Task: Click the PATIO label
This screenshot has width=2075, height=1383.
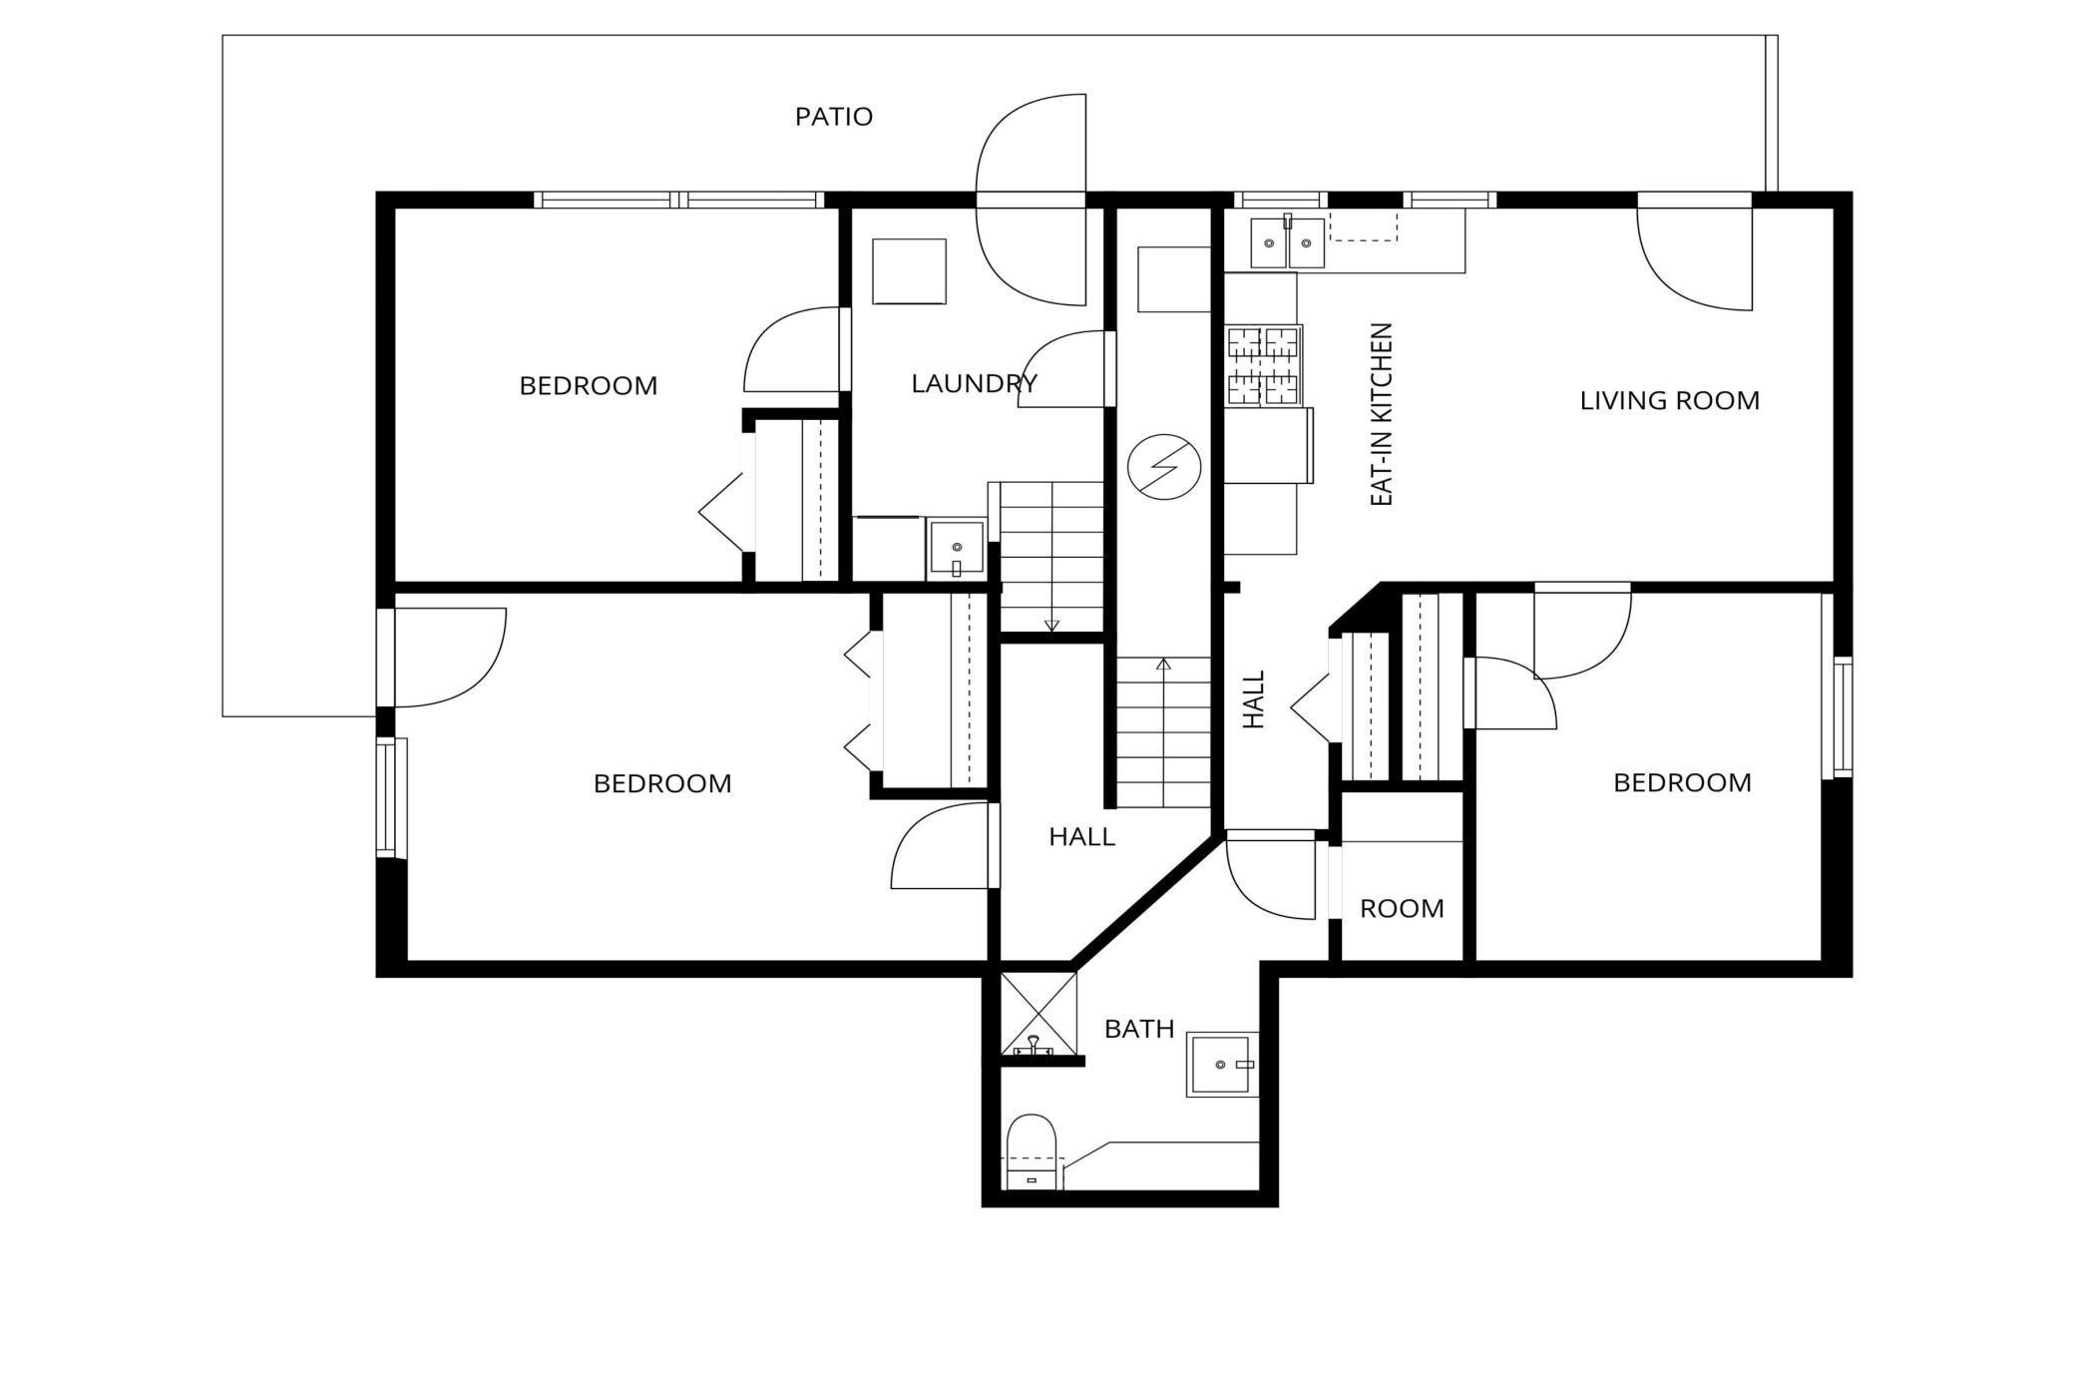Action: point(833,117)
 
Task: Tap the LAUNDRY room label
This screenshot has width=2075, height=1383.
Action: point(974,383)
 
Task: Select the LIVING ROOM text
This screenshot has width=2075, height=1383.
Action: point(1669,400)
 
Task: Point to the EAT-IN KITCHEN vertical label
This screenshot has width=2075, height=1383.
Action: point(1381,414)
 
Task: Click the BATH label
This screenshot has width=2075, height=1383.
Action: point(1138,1029)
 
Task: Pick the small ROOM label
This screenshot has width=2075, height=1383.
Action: point(1401,908)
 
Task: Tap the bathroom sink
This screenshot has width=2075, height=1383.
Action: point(1222,1065)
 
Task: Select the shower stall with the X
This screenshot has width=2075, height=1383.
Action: point(1038,1012)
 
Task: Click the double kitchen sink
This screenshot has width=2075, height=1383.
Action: point(1287,242)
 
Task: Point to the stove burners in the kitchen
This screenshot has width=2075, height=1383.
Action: point(1263,366)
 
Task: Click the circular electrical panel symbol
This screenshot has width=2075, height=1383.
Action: point(1163,466)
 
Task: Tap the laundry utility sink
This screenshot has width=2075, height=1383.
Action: point(956,548)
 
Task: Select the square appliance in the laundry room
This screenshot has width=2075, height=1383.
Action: point(908,271)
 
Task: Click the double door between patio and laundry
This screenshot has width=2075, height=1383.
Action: point(1031,200)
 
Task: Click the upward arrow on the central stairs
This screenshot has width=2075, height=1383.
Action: point(1163,665)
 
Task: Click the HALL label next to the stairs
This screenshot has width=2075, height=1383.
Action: point(1081,836)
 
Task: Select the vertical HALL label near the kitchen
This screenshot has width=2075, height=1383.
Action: point(1253,698)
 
